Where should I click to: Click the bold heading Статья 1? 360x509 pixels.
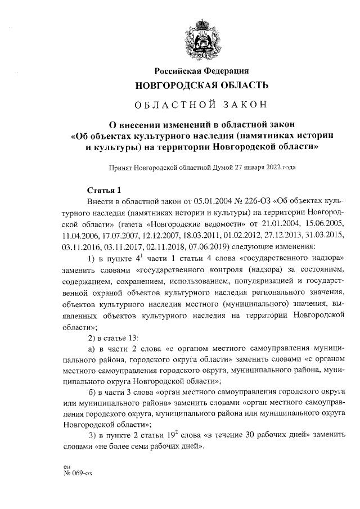tap(104, 190)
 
